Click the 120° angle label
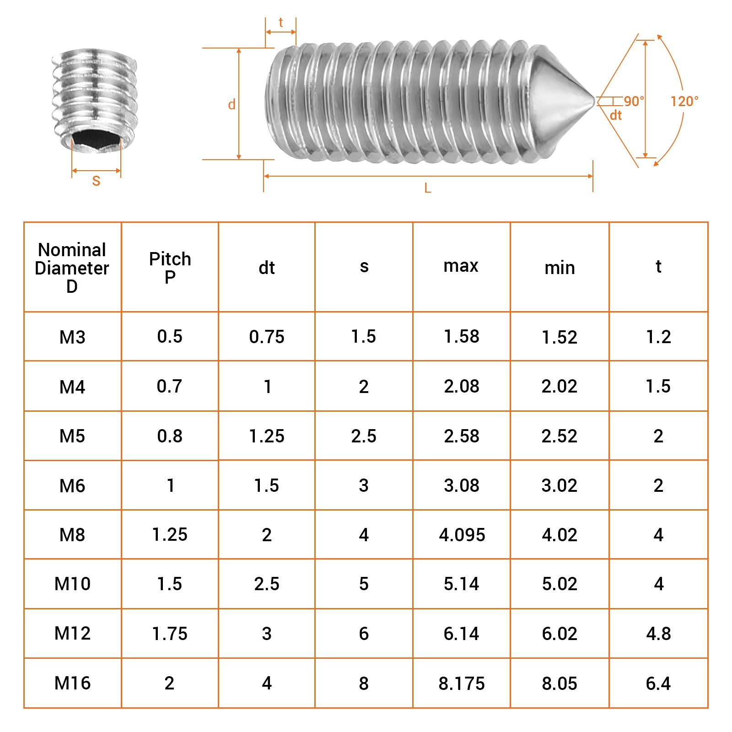click(x=684, y=101)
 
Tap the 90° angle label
click(x=634, y=101)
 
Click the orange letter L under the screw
click(x=428, y=188)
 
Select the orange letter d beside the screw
click(x=232, y=105)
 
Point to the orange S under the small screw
click(x=96, y=181)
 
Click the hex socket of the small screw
click(x=97, y=139)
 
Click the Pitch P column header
click(x=170, y=268)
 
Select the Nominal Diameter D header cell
click(x=72, y=268)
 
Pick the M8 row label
click(x=72, y=535)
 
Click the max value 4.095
click(x=462, y=535)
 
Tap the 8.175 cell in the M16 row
click(x=462, y=684)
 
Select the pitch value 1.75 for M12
click(x=170, y=634)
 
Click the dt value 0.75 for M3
click(x=267, y=337)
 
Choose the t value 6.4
click(x=658, y=684)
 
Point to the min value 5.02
click(x=560, y=584)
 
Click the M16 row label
click(x=72, y=684)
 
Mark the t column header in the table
click(x=658, y=266)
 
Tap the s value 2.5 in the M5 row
click(x=364, y=436)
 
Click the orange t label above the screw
click(x=281, y=22)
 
